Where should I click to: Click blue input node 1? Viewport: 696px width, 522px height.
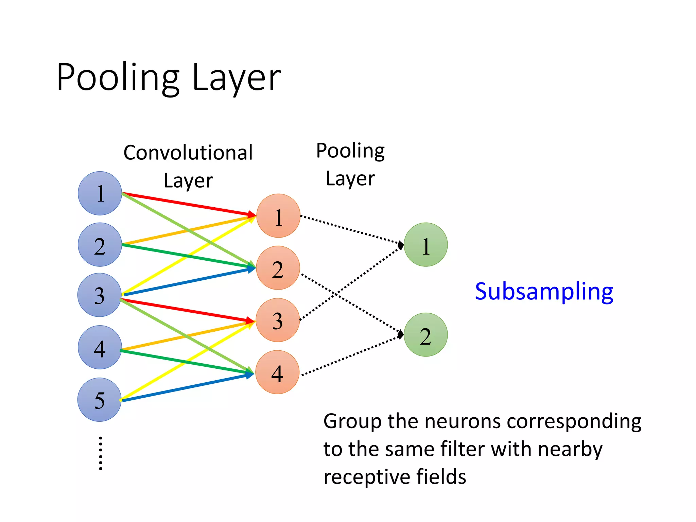tap(100, 193)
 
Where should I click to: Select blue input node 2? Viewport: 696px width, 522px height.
tap(100, 245)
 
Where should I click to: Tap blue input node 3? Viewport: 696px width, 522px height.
tap(99, 295)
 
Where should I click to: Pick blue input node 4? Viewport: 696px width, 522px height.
tap(100, 347)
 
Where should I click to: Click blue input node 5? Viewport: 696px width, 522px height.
tap(99, 400)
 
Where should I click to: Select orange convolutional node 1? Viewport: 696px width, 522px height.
tap(278, 216)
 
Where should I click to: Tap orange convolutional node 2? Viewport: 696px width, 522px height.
tap(278, 268)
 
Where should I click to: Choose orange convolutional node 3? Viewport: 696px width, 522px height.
tap(278, 320)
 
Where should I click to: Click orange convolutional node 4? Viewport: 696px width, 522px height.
tap(277, 372)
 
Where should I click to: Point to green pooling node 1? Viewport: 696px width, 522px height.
tap(426, 245)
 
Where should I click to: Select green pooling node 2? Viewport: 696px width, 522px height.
tap(426, 335)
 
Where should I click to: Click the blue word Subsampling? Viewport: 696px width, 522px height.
tap(544, 292)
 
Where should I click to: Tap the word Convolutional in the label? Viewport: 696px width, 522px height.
tap(188, 153)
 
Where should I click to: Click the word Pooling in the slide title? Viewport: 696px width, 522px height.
tap(118, 77)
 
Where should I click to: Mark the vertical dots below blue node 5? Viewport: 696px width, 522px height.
tap(101, 453)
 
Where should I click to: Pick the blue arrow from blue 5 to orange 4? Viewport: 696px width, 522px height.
tap(187, 387)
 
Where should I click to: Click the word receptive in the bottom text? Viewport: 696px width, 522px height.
tap(366, 477)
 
